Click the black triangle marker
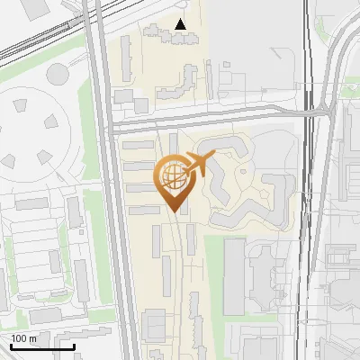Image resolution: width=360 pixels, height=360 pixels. [181, 24]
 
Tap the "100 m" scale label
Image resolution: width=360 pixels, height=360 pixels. [23, 338]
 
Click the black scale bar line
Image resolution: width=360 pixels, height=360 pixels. [42, 346]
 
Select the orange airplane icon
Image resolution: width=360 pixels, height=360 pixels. [198, 164]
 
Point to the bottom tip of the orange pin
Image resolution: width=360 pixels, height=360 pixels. [174, 211]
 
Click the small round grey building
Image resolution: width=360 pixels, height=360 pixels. [58, 73]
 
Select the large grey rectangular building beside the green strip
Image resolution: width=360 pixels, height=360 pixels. [234, 274]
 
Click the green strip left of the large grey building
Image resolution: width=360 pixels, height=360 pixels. [212, 274]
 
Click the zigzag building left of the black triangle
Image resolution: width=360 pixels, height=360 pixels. [157, 35]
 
